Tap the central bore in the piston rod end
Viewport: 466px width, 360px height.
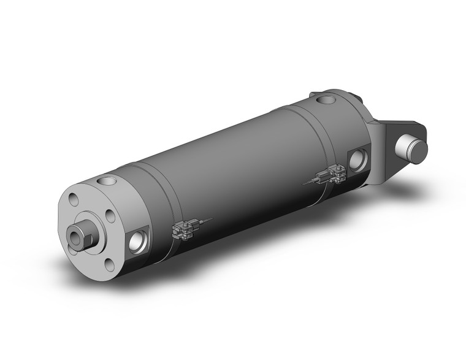pos(78,237)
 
